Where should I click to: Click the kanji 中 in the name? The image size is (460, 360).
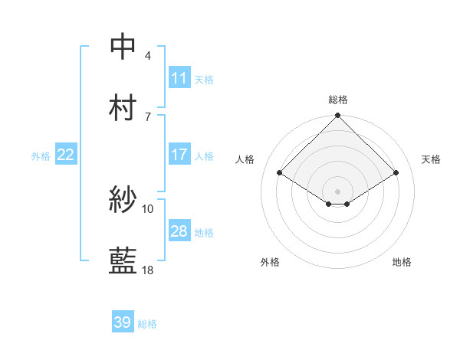[123, 46]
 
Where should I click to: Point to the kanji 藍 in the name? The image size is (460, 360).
[123, 261]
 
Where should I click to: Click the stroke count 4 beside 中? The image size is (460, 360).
[148, 55]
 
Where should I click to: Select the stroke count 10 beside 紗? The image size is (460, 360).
[148, 208]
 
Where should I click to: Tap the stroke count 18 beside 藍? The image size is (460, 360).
[148, 270]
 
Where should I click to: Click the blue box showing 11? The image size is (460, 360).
[179, 78]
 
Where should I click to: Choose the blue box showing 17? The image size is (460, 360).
[179, 155]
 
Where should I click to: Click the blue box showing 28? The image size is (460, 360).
[179, 231]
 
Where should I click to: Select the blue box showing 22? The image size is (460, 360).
[66, 155]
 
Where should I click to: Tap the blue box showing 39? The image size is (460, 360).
[123, 322]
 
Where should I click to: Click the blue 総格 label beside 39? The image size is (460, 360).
[147, 324]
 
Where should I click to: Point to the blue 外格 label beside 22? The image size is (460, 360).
[41, 155]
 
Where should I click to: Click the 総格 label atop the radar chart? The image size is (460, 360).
[338, 100]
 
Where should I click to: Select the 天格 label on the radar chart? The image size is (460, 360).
[432, 159]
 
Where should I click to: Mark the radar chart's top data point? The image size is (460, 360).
[338, 116]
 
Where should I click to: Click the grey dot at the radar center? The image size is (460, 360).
[338, 191]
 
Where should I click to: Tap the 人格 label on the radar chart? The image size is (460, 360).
[245, 159]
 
